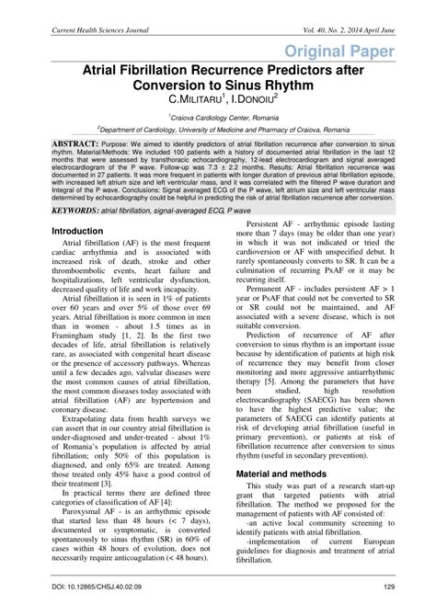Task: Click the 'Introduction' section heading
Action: pos(77,231)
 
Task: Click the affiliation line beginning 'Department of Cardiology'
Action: pos(219,131)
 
